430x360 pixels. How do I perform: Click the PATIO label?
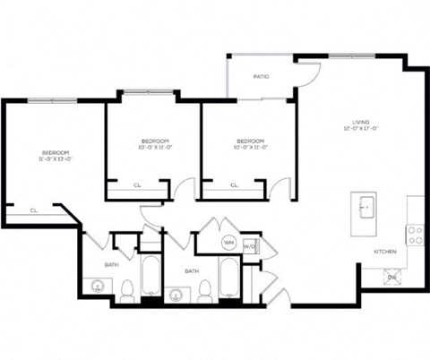click(261, 77)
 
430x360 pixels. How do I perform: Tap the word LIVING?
click(361, 122)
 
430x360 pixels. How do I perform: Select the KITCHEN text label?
click(385, 252)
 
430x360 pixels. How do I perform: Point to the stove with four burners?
click(416, 235)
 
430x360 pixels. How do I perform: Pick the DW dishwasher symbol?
click(392, 278)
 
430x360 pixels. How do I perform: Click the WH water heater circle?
click(228, 243)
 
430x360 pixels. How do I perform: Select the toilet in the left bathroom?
click(127, 289)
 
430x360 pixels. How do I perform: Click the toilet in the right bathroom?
click(205, 290)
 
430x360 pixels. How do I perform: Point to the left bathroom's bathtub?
click(150, 276)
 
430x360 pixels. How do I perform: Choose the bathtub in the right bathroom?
click(228, 276)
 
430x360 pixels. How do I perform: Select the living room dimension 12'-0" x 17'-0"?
click(361, 130)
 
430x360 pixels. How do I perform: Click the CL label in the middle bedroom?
click(137, 185)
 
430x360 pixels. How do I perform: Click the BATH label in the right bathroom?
click(192, 270)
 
